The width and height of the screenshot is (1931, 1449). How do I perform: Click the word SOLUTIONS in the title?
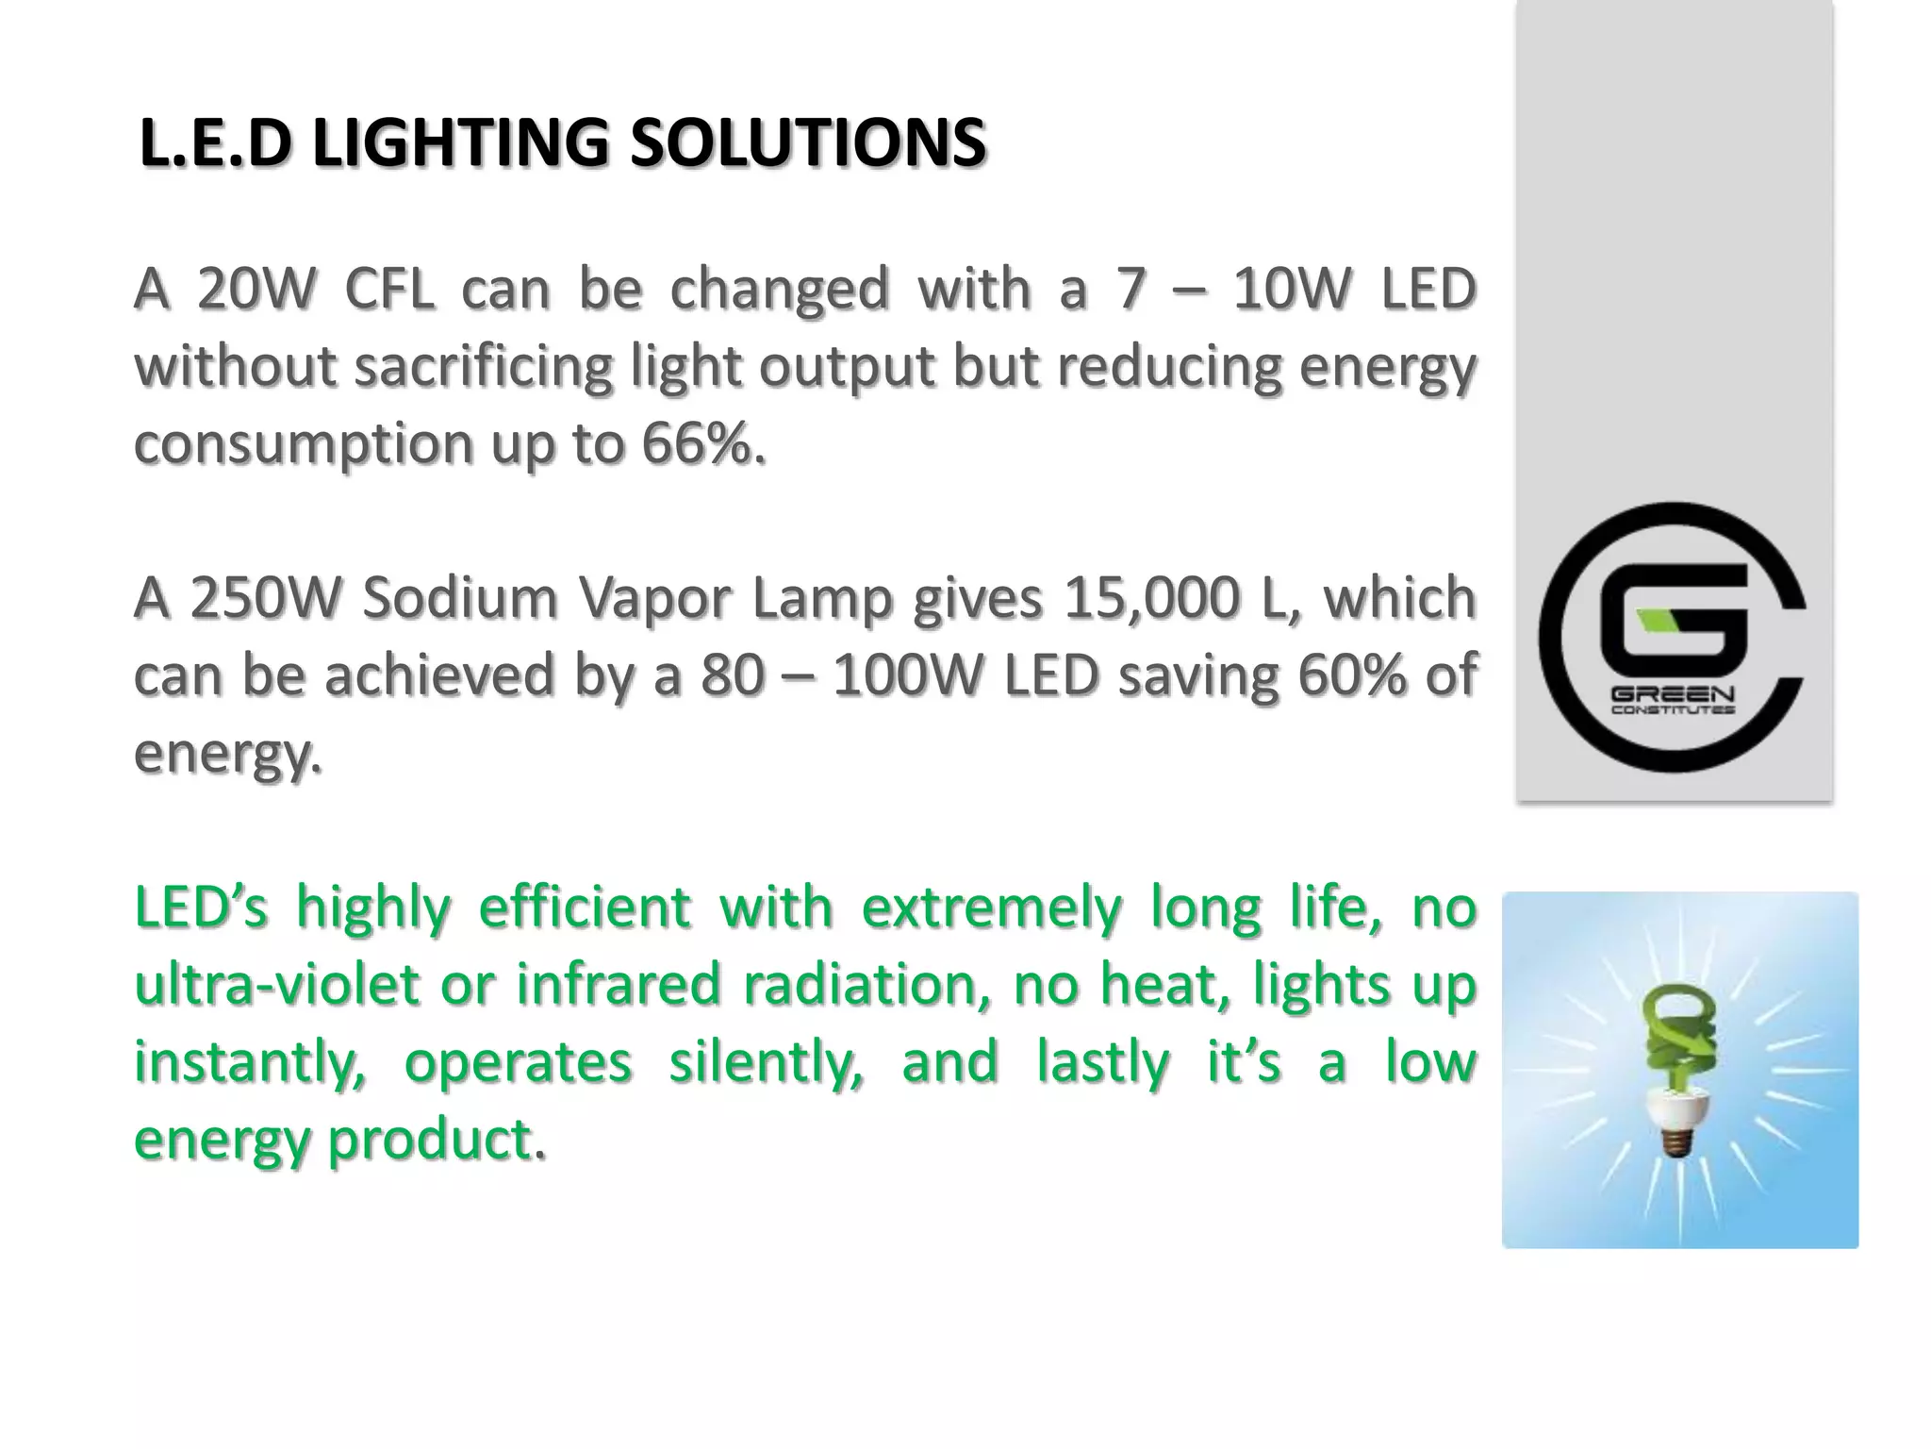click(x=808, y=144)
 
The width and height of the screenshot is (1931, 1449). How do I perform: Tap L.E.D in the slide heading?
click(x=213, y=144)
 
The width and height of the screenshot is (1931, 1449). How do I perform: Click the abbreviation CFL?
click(x=389, y=289)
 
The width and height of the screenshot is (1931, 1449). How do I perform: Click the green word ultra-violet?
click(x=276, y=985)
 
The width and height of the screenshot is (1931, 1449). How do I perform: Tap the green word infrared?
click(x=618, y=985)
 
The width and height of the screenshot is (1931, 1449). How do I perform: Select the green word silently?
click(x=767, y=1062)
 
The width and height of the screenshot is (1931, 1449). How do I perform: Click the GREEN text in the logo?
click(x=1672, y=695)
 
